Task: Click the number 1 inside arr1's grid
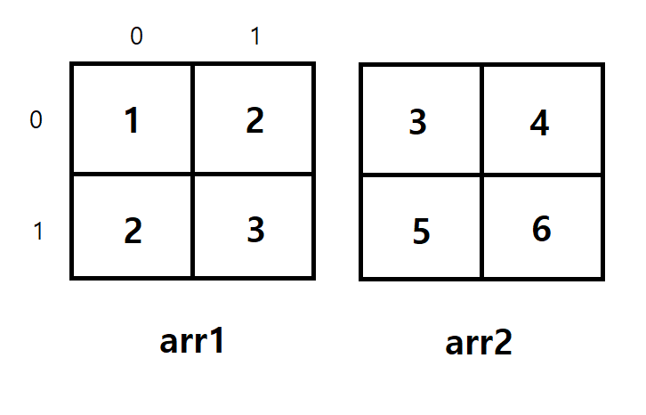click(132, 121)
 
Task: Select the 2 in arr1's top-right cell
click(254, 121)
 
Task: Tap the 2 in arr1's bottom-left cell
click(133, 231)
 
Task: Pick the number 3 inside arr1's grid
click(255, 230)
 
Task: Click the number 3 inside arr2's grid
click(417, 122)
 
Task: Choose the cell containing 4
click(539, 123)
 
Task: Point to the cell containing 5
click(422, 232)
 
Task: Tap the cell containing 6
click(541, 230)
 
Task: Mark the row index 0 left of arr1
click(36, 120)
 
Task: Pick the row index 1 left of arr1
click(37, 232)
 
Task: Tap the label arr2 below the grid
click(479, 343)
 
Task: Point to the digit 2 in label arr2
click(503, 343)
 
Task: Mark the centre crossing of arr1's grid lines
click(192, 174)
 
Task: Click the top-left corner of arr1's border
click(72, 64)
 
